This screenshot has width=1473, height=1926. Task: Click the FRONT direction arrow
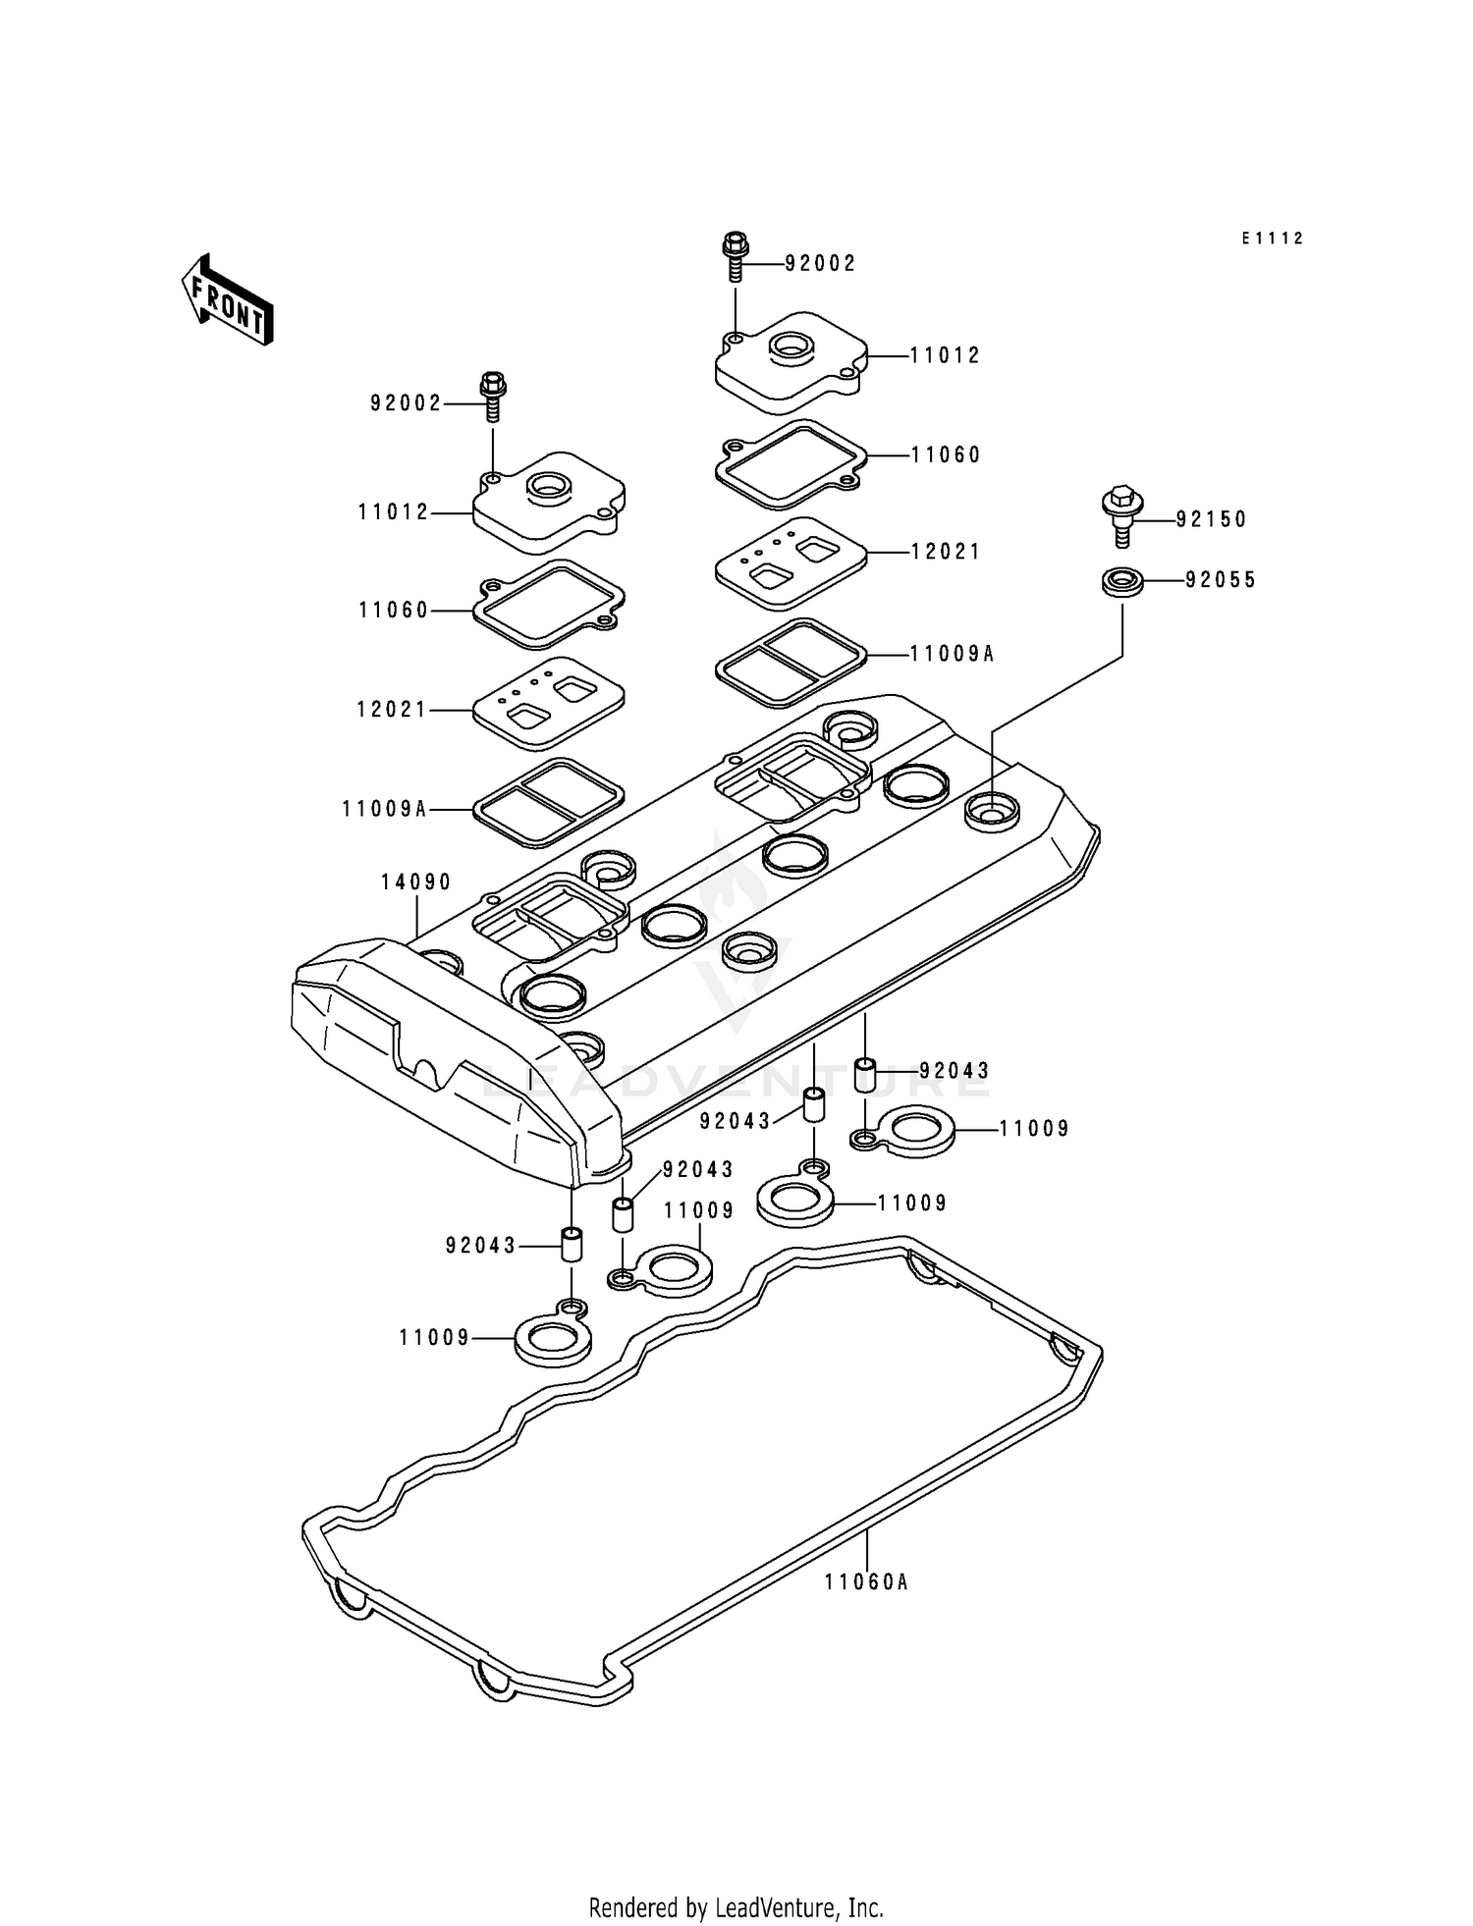click(x=227, y=300)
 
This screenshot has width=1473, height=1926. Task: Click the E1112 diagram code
click(x=1272, y=239)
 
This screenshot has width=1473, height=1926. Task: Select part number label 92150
click(x=1211, y=519)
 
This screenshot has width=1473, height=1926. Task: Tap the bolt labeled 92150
click(x=1122, y=514)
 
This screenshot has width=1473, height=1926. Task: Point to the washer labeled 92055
click(x=1122, y=581)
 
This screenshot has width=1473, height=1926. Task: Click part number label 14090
click(x=416, y=883)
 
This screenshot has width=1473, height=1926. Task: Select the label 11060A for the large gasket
click(x=866, y=1581)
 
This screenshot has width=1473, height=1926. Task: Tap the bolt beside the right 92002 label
click(x=736, y=256)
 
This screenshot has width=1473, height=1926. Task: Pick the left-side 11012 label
click(x=394, y=512)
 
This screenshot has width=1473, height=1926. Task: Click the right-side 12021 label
click(x=946, y=552)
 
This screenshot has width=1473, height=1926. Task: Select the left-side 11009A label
click(x=385, y=809)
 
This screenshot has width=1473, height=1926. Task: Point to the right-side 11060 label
click(x=946, y=455)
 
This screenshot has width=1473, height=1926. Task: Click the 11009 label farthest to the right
click(x=1034, y=1129)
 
